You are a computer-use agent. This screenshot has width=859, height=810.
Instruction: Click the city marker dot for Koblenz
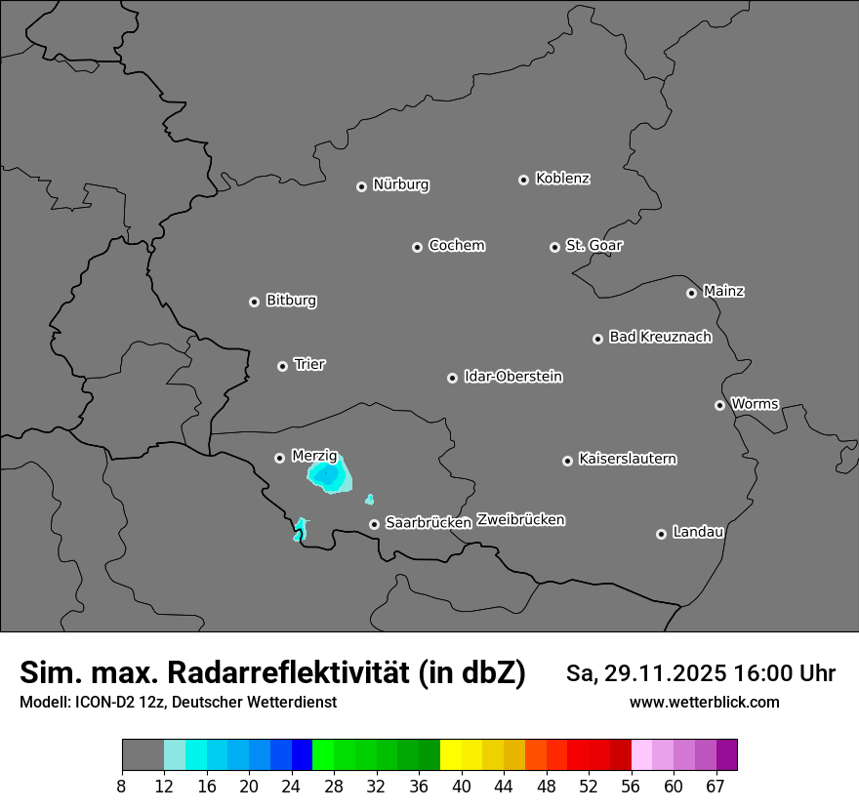(523, 180)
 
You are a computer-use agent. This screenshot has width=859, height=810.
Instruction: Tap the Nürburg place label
(400, 184)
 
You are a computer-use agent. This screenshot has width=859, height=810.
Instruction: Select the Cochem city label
(456, 245)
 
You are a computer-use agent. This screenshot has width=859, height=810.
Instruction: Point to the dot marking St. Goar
(554, 247)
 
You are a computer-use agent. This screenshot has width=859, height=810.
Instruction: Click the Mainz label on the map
(723, 291)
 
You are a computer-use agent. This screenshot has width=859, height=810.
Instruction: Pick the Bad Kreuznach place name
(660, 337)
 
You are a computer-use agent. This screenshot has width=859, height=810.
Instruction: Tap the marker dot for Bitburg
(254, 302)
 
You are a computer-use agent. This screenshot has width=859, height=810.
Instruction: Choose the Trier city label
(309, 364)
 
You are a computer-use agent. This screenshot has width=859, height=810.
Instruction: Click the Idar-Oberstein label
(512, 376)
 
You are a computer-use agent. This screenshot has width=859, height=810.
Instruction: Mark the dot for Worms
(719, 405)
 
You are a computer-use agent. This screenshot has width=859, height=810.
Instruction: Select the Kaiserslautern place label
(627, 459)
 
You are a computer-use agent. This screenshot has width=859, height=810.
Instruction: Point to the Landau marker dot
(661, 534)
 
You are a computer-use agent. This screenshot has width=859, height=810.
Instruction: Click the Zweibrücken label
(520, 520)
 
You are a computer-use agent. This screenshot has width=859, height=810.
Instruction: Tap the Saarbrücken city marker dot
(374, 524)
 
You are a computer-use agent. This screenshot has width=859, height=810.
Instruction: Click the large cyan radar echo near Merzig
(329, 475)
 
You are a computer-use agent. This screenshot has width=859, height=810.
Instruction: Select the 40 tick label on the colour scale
(462, 786)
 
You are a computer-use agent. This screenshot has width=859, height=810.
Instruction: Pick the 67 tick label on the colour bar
(716, 786)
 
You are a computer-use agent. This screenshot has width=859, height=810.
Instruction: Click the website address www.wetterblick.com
(704, 703)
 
